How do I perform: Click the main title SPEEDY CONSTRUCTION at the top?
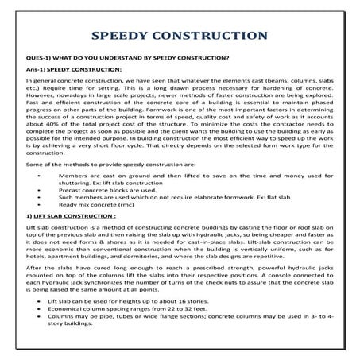coord(179,37)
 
